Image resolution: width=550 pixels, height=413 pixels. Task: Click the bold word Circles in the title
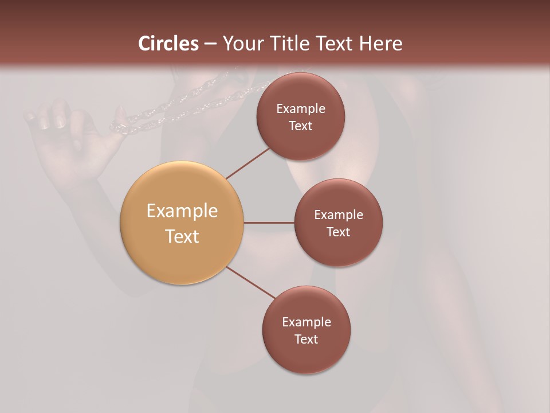click(168, 44)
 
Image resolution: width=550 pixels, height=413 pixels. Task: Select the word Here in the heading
click(380, 44)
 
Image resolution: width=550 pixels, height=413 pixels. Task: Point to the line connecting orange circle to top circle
click(247, 162)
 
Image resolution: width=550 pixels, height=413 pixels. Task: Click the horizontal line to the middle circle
click(269, 223)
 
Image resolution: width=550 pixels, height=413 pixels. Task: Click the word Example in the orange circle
click(182, 211)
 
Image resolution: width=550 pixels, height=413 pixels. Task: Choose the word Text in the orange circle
click(182, 236)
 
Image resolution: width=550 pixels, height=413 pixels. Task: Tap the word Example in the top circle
click(301, 109)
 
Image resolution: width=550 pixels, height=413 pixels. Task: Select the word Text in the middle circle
click(339, 232)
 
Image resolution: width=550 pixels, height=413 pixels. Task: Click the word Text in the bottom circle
click(307, 340)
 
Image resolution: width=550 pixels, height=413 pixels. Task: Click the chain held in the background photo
click(172, 106)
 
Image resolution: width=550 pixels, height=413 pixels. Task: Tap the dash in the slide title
click(210, 44)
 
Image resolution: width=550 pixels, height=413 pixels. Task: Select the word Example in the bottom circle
click(307, 322)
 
